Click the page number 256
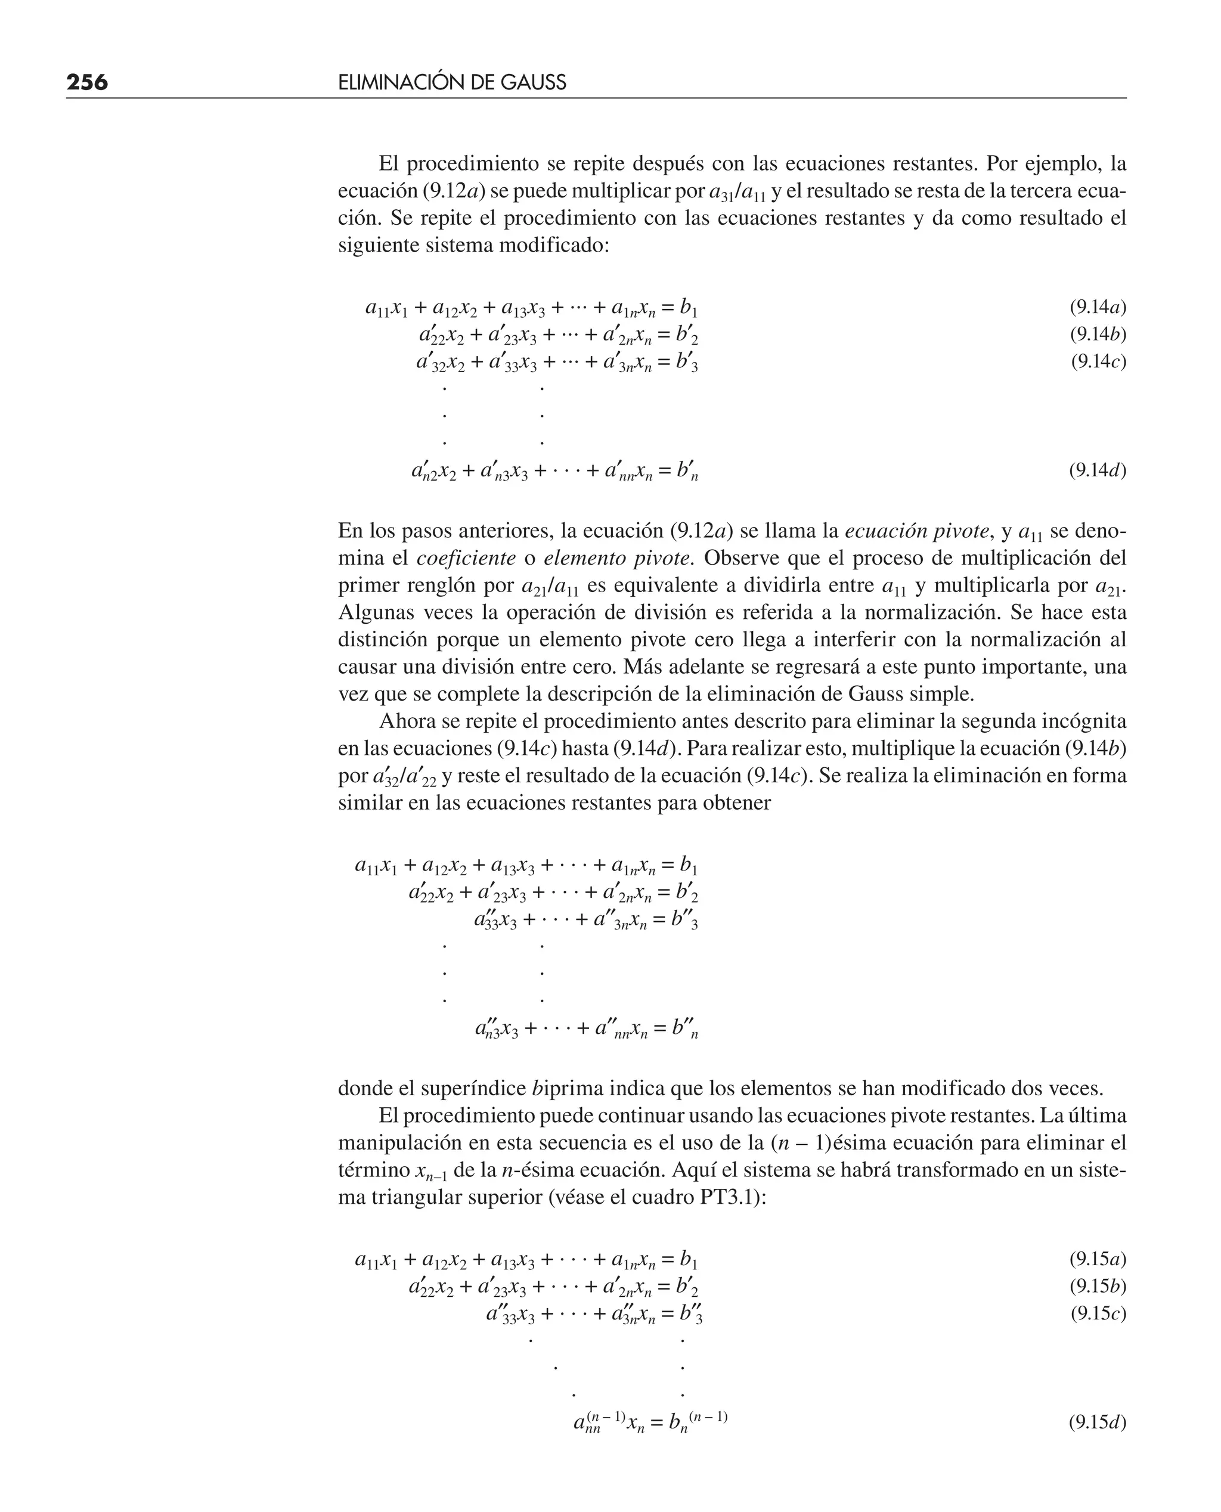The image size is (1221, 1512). [x=87, y=83]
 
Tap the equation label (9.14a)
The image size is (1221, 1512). [x=1097, y=306]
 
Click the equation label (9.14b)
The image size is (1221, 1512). [x=1097, y=334]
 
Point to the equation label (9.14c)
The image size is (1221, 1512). [x=1098, y=361]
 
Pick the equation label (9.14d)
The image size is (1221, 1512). [x=1097, y=470]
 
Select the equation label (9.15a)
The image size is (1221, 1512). [x=1097, y=1258]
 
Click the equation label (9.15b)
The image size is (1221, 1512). [x=1097, y=1285]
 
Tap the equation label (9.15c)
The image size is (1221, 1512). [x=1098, y=1313]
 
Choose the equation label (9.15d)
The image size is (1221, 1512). [x=1097, y=1422]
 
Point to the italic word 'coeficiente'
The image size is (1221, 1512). [x=466, y=559]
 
